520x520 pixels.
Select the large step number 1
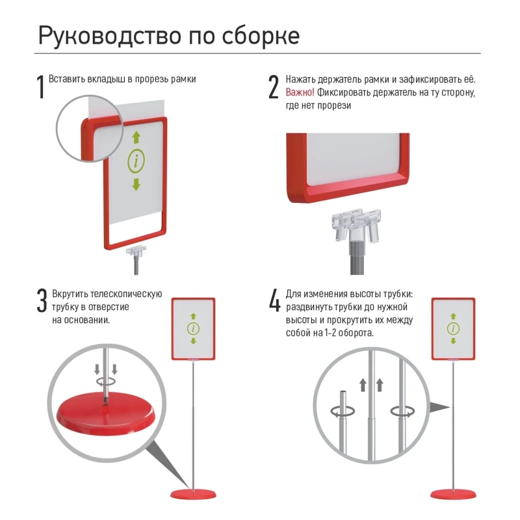click(x=42, y=87)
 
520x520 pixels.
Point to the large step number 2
click(x=274, y=87)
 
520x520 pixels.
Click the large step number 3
click(x=42, y=301)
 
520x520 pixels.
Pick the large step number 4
click(x=274, y=301)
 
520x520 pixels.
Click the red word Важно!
click(x=300, y=92)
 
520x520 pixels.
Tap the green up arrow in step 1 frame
click(x=136, y=136)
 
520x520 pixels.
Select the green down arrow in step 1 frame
click(x=136, y=184)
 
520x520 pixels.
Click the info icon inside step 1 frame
click(x=136, y=160)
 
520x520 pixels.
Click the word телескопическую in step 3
click(x=126, y=294)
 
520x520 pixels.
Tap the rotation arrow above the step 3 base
click(x=106, y=382)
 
